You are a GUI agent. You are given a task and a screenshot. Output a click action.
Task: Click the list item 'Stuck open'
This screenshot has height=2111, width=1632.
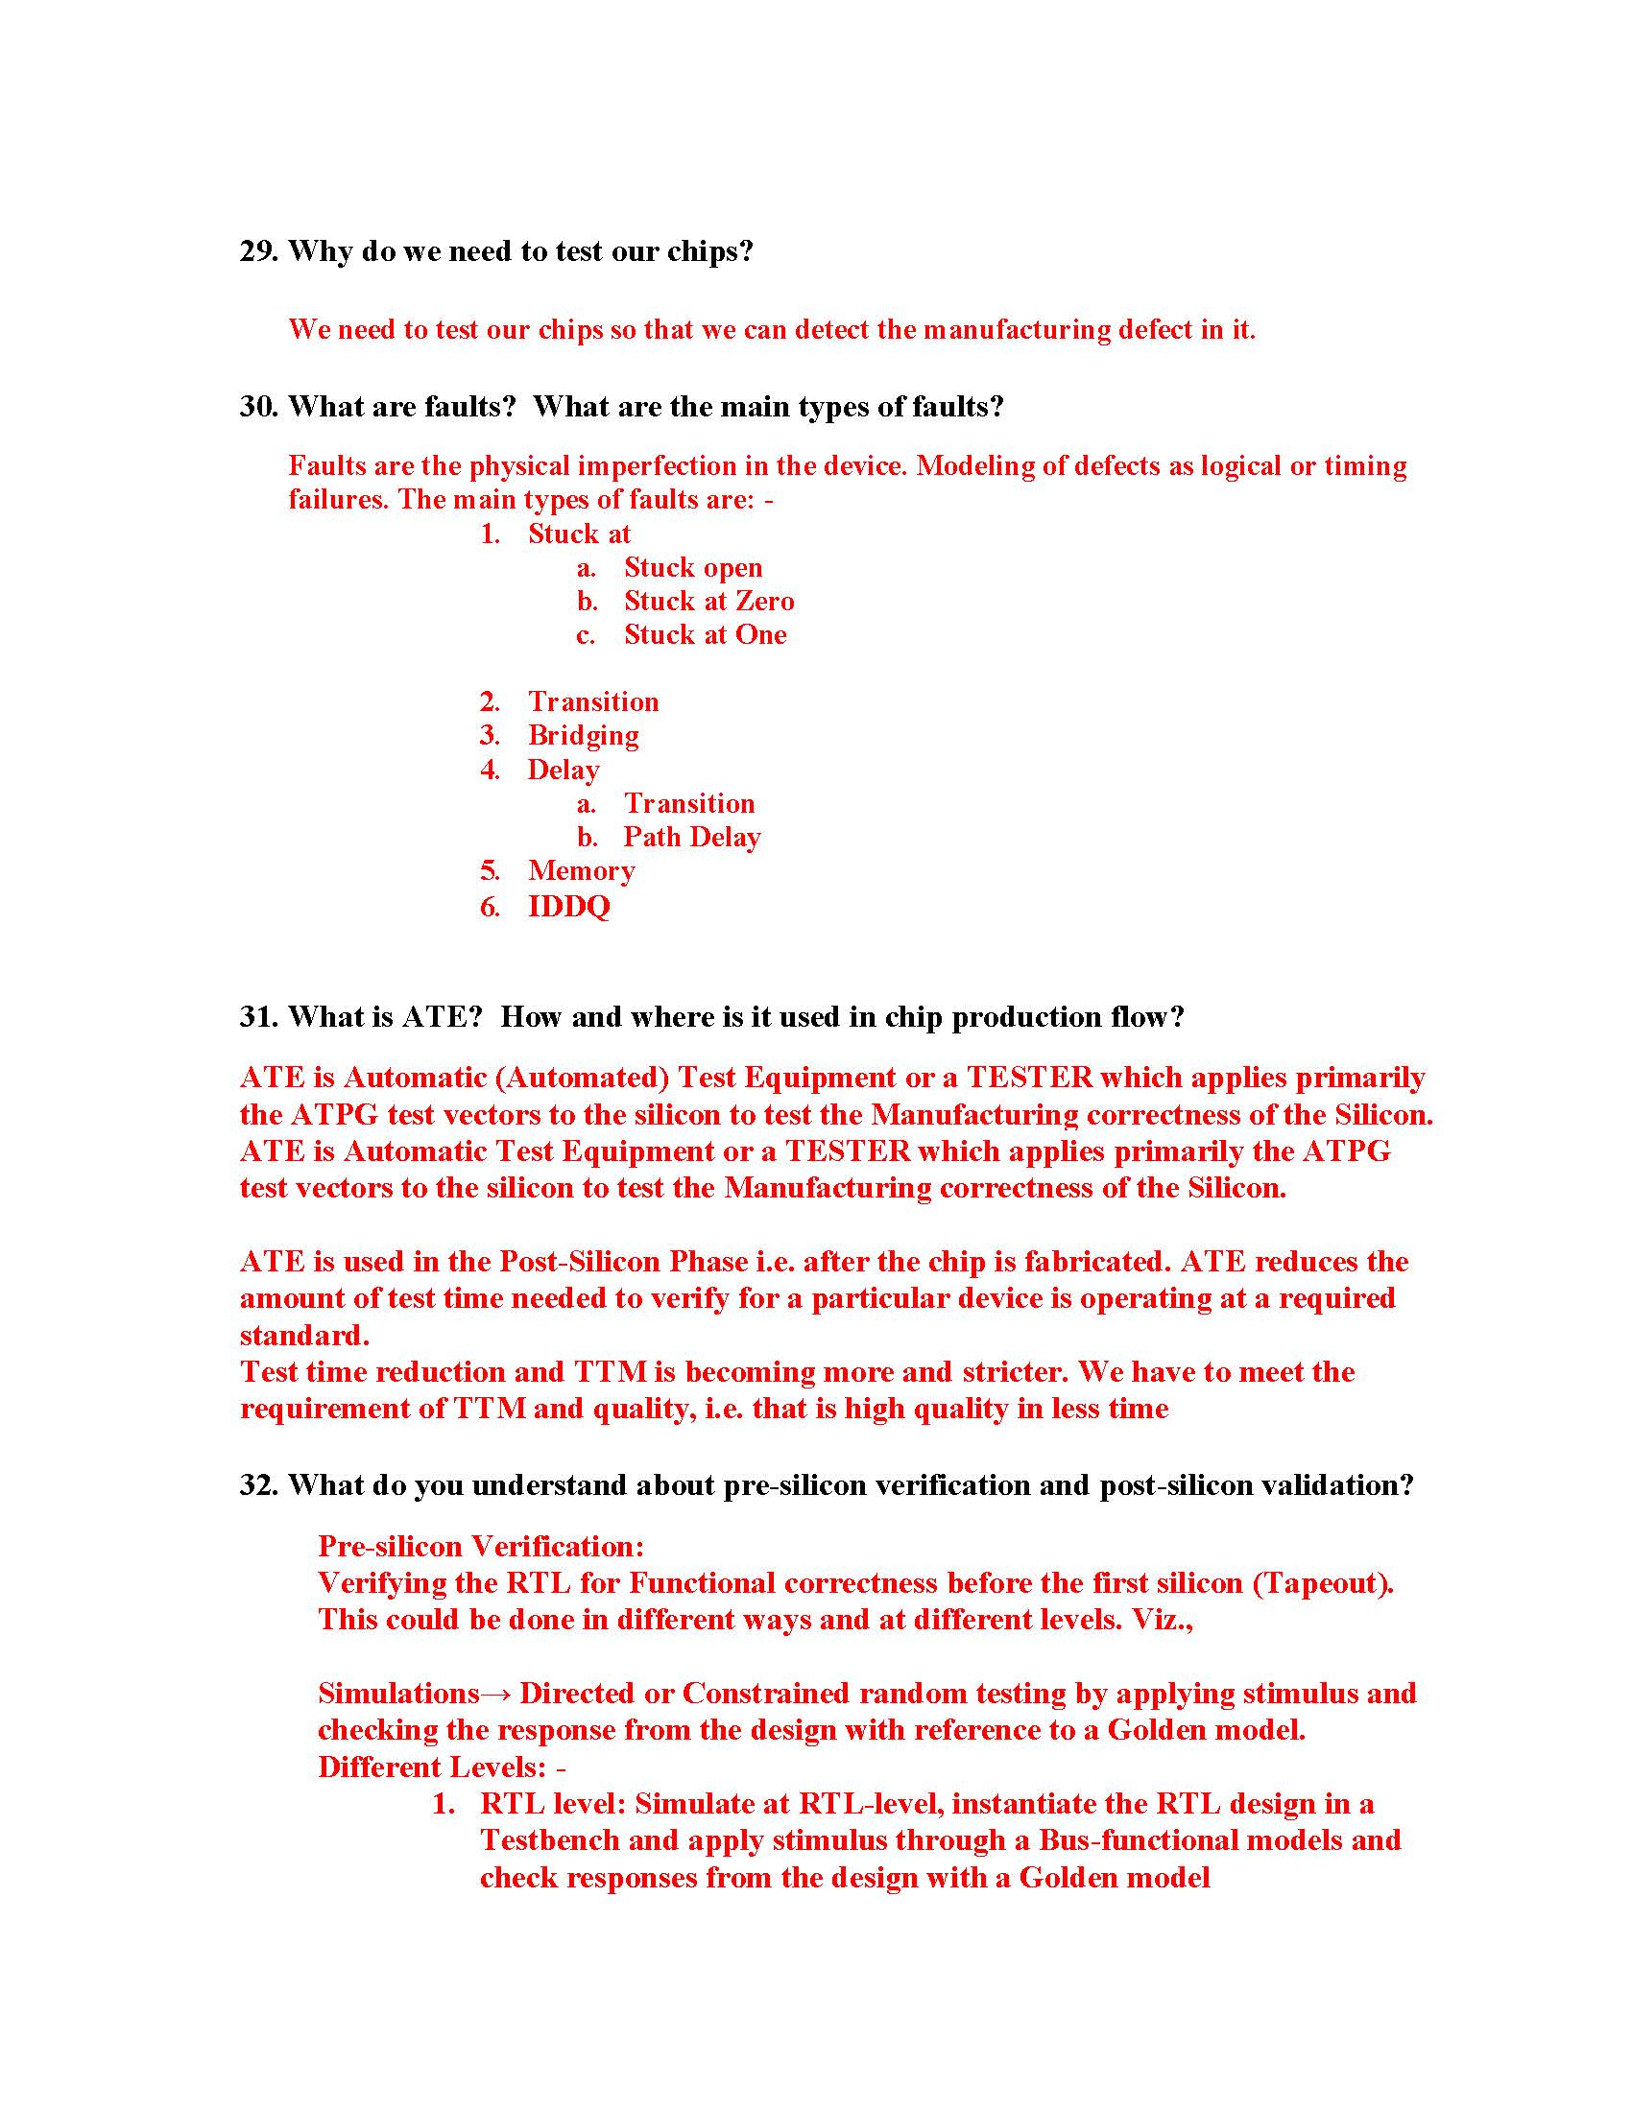[x=692, y=567]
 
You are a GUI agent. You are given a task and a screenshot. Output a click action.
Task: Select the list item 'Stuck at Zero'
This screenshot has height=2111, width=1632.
[x=708, y=602]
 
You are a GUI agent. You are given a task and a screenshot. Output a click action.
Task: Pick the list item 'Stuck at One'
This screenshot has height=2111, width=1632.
[x=705, y=635]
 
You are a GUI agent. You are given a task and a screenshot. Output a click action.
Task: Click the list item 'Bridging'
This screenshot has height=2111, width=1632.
[x=583, y=736]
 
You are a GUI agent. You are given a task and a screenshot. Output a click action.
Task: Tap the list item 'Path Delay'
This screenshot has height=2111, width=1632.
[x=691, y=837]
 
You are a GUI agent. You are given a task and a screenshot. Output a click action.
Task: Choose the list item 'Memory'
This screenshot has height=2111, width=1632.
[x=581, y=871]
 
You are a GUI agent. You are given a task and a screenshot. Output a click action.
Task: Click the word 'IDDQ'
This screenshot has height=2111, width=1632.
[x=568, y=907]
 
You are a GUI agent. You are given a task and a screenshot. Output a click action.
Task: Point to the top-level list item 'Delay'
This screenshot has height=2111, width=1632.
[x=563, y=771]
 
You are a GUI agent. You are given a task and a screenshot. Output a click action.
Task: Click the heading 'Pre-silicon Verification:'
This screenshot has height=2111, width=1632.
[x=481, y=1547]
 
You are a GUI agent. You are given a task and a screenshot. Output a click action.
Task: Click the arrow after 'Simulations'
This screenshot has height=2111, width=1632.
[x=499, y=1694]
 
